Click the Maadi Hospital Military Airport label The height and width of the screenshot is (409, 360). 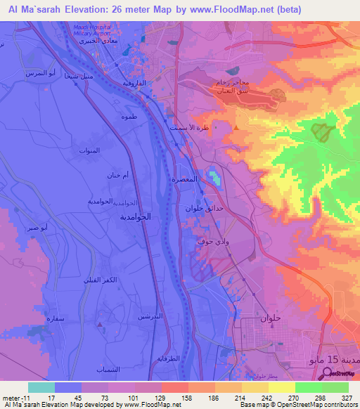(x=94, y=29)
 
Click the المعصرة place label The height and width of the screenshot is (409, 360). (x=184, y=179)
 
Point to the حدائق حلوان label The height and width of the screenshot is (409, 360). (x=204, y=209)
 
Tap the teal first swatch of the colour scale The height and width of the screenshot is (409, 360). (x=41, y=387)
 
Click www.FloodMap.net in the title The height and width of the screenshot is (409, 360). (x=219, y=9)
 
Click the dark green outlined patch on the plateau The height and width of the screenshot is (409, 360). (x=321, y=131)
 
